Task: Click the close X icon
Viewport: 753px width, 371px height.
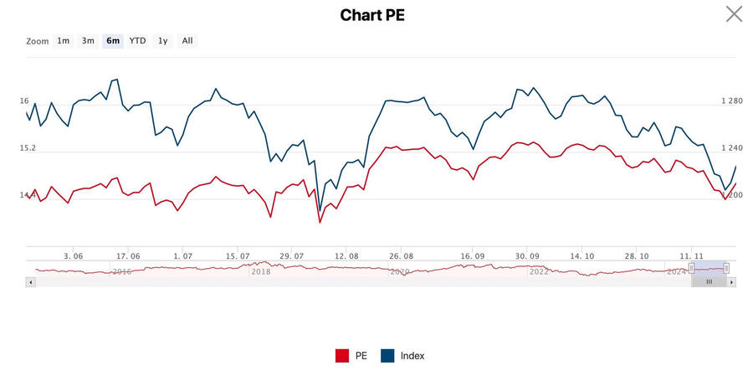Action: click(734, 13)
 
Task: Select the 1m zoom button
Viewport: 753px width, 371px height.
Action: click(64, 40)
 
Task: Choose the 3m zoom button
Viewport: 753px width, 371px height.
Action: click(88, 40)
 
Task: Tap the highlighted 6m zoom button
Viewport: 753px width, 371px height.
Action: click(113, 40)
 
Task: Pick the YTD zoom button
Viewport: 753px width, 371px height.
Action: click(137, 40)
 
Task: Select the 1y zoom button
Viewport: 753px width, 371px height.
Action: click(163, 40)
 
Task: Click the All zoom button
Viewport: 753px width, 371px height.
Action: click(187, 40)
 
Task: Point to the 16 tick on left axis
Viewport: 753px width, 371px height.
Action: click(24, 101)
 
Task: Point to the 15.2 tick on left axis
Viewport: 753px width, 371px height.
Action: click(28, 148)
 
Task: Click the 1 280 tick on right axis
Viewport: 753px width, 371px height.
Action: click(731, 101)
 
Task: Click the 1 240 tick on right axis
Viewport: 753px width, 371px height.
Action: click(731, 148)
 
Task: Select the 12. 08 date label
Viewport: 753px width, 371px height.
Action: click(346, 255)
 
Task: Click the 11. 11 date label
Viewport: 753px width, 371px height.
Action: click(691, 255)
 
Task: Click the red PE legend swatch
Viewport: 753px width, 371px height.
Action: click(342, 356)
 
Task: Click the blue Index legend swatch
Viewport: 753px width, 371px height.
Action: click(387, 356)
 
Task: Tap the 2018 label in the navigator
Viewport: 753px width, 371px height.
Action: click(261, 271)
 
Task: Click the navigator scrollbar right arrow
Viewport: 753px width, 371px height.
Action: click(732, 282)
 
